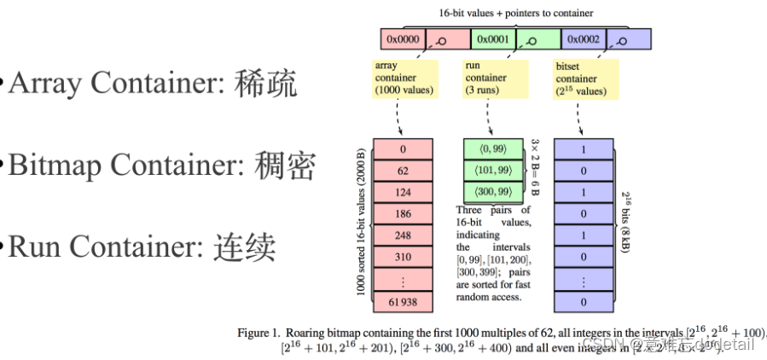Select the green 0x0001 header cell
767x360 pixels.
[492, 39]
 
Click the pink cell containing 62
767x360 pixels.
[404, 170]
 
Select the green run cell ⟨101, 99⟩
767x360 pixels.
[494, 170]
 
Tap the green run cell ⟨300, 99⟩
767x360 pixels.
[494, 190]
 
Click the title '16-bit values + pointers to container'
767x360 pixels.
[516, 13]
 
